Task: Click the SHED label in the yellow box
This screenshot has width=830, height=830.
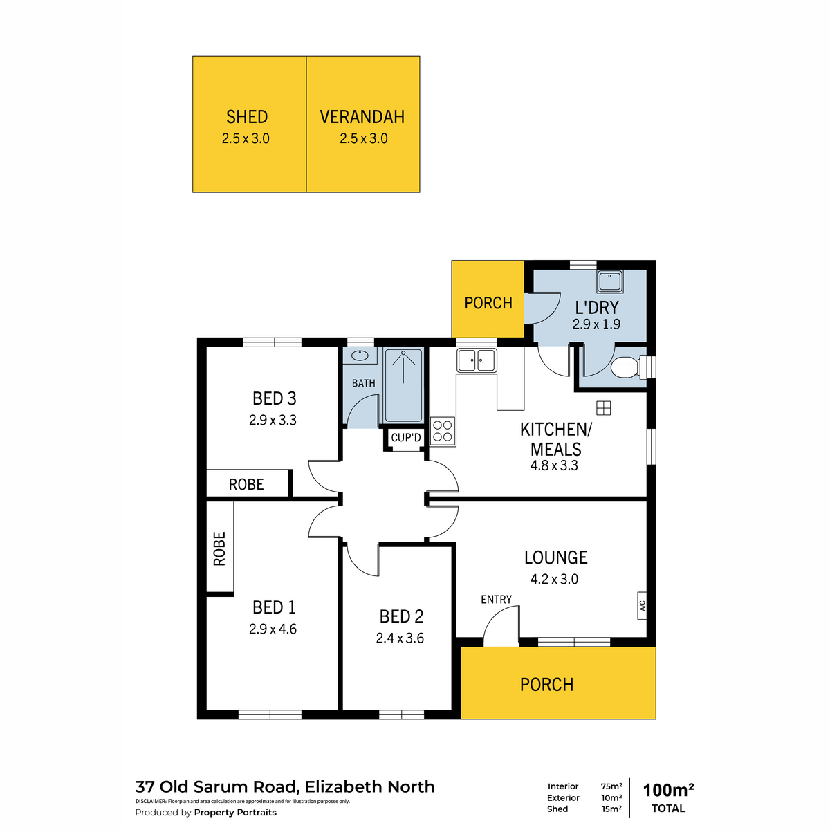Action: click(247, 117)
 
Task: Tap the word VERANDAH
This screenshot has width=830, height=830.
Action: click(362, 117)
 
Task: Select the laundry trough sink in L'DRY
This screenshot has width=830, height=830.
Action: click(609, 282)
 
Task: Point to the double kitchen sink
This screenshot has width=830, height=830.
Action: click(477, 360)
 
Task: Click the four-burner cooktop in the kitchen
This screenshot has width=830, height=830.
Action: click(443, 431)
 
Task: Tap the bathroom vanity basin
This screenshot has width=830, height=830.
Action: click(360, 356)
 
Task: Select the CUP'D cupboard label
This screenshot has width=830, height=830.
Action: click(406, 438)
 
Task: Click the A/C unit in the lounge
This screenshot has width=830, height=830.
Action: click(642, 606)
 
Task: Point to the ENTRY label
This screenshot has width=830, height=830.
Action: click(496, 599)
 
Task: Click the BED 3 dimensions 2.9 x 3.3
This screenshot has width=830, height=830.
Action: click(273, 420)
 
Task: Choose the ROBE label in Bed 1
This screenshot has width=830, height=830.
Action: click(219, 548)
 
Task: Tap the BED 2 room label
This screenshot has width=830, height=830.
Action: click(401, 616)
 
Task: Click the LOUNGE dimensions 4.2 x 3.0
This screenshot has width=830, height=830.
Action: click(554, 579)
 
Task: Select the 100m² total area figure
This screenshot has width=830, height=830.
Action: click(668, 790)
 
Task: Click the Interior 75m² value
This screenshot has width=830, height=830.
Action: click(611, 786)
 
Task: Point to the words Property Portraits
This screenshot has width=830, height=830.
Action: click(235, 812)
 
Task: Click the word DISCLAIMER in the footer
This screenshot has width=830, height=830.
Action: click(151, 801)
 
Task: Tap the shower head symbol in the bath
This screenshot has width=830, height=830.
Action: click(403, 353)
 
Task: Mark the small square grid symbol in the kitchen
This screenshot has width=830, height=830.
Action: click(603, 407)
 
